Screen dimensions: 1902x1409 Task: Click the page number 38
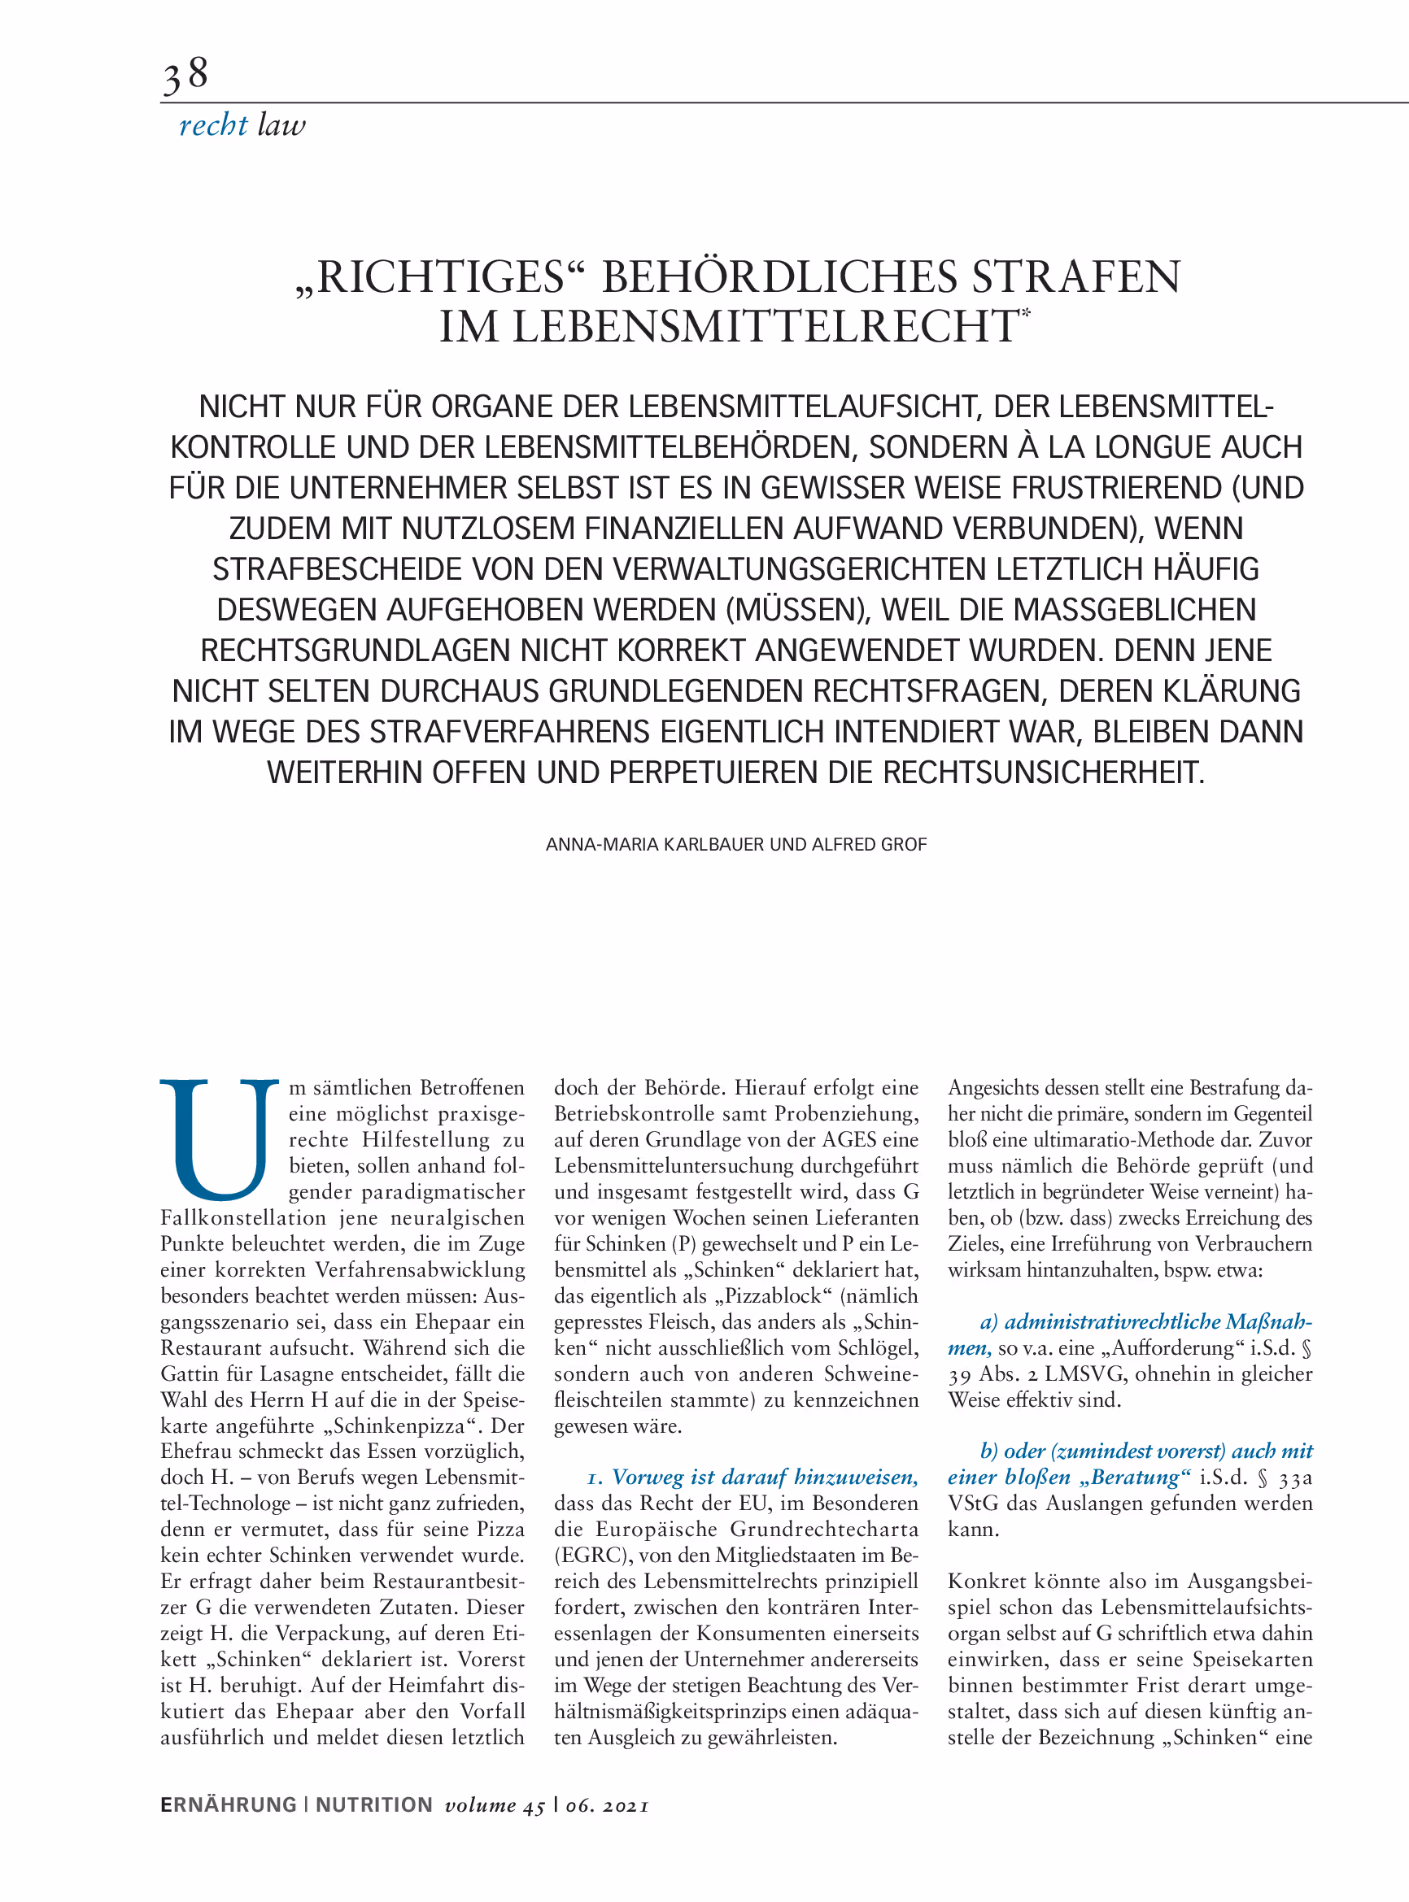point(185,75)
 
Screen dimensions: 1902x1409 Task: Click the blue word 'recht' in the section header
point(213,125)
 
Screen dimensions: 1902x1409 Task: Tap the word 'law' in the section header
point(281,125)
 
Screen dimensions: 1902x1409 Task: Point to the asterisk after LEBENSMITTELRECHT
point(1025,313)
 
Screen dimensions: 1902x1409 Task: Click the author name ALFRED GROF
point(869,845)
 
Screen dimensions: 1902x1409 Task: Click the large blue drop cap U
point(219,1138)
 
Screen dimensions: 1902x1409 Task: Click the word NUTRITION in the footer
point(373,1804)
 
